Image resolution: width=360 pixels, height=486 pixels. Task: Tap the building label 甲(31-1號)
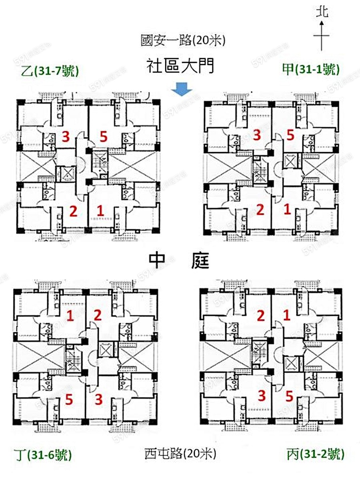(311, 70)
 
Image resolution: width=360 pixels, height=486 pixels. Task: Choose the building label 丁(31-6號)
(44, 455)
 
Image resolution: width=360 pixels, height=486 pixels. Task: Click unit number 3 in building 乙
(66, 137)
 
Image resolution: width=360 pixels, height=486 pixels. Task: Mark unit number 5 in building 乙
(104, 137)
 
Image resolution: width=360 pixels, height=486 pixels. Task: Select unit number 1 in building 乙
(100, 211)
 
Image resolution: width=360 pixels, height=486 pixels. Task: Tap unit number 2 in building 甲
(260, 209)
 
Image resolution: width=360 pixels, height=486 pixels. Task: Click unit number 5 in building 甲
(290, 136)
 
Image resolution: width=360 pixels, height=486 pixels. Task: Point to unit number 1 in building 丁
(70, 317)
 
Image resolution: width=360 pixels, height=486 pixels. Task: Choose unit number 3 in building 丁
(98, 399)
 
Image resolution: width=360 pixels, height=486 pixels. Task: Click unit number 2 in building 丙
(261, 316)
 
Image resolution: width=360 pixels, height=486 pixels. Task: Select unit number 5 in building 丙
(290, 397)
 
